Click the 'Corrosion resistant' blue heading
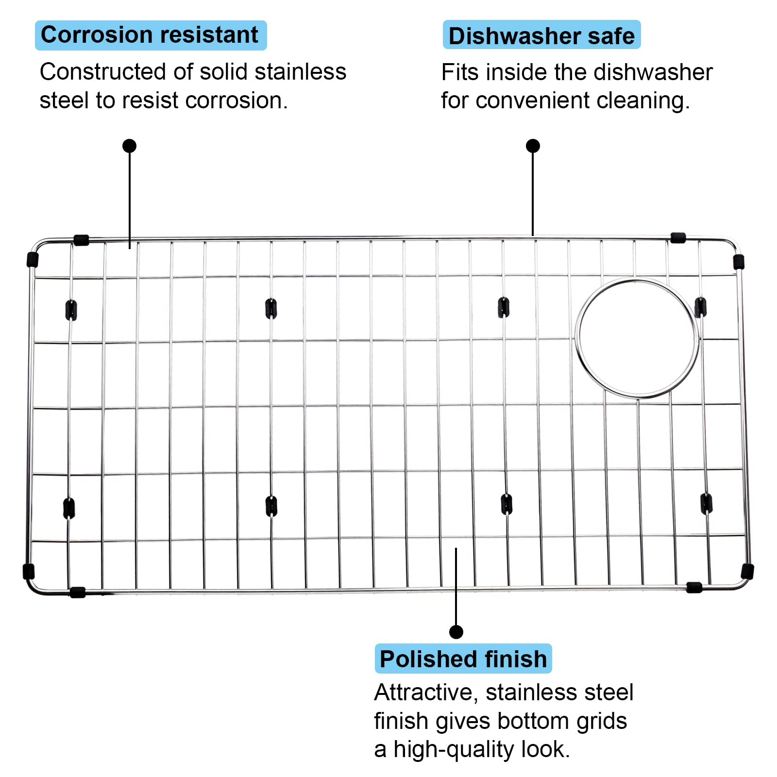tap(151, 35)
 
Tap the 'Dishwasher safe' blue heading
tap(541, 35)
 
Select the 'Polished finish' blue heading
tap(463, 659)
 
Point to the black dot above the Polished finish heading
tap(456, 632)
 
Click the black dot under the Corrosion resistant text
tap(129, 146)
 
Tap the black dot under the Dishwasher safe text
tap(533, 146)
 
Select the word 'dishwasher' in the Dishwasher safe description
tap(653, 72)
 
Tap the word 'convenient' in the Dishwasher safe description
tap(533, 101)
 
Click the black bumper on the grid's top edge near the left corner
tap(81, 240)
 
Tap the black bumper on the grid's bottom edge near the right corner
tap(694, 588)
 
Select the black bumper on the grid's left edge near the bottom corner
tap(29, 571)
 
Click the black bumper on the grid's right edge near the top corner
tap(738, 261)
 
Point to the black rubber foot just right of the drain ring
tap(700, 307)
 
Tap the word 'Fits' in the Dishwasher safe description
tap(460, 72)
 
